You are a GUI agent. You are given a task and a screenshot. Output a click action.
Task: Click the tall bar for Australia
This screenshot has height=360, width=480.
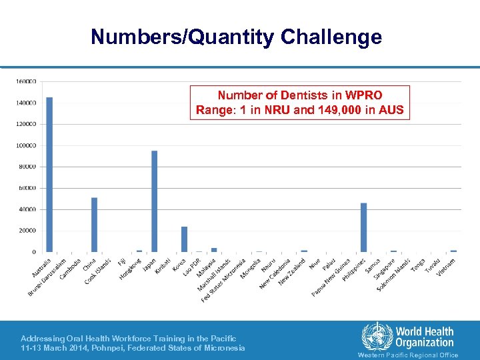[x=49, y=175]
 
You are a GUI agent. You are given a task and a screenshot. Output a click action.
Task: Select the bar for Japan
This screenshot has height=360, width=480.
[x=154, y=201]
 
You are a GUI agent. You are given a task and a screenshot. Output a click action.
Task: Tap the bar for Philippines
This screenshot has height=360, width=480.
[x=363, y=227]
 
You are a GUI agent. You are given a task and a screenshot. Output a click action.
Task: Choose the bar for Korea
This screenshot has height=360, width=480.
[x=184, y=239]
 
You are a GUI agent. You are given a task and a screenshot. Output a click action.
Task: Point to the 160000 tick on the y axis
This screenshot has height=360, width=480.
[x=26, y=82]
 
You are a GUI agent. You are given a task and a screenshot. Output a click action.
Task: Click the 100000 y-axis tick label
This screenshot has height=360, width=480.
[x=26, y=145]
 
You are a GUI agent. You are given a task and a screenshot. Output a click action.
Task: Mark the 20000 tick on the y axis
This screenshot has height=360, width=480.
[x=27, y=231]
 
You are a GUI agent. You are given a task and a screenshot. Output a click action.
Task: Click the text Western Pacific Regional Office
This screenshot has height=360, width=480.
[x=408, y=355]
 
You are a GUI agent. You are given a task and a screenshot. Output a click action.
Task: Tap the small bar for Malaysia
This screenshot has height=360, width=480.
[x=214, y=250]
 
